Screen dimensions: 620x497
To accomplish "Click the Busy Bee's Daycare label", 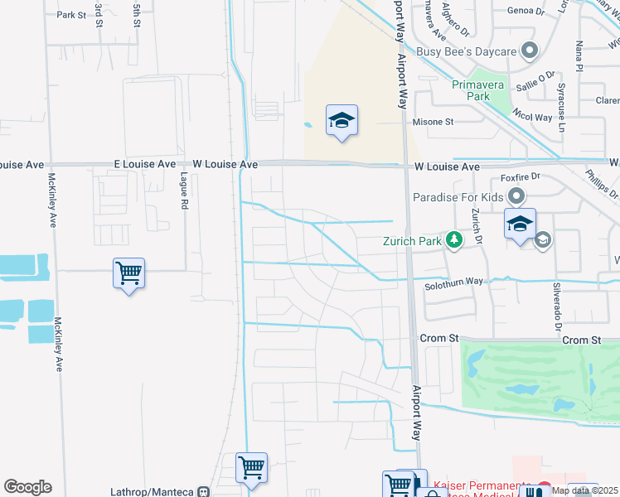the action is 467,51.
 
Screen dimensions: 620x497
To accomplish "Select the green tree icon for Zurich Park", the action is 453,241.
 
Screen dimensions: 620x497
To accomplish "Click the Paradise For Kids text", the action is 459,197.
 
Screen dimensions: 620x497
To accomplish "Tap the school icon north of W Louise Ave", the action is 341,121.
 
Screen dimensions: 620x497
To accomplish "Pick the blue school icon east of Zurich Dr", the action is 520,224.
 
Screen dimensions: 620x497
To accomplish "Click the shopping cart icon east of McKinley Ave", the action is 128,273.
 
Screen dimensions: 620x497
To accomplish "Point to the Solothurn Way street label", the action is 453,282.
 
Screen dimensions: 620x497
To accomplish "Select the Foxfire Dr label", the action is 520,176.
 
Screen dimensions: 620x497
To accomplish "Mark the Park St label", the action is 71,15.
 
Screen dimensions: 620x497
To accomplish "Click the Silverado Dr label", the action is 558,306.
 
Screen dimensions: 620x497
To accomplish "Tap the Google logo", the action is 27,487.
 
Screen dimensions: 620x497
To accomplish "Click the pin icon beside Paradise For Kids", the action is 516,197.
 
